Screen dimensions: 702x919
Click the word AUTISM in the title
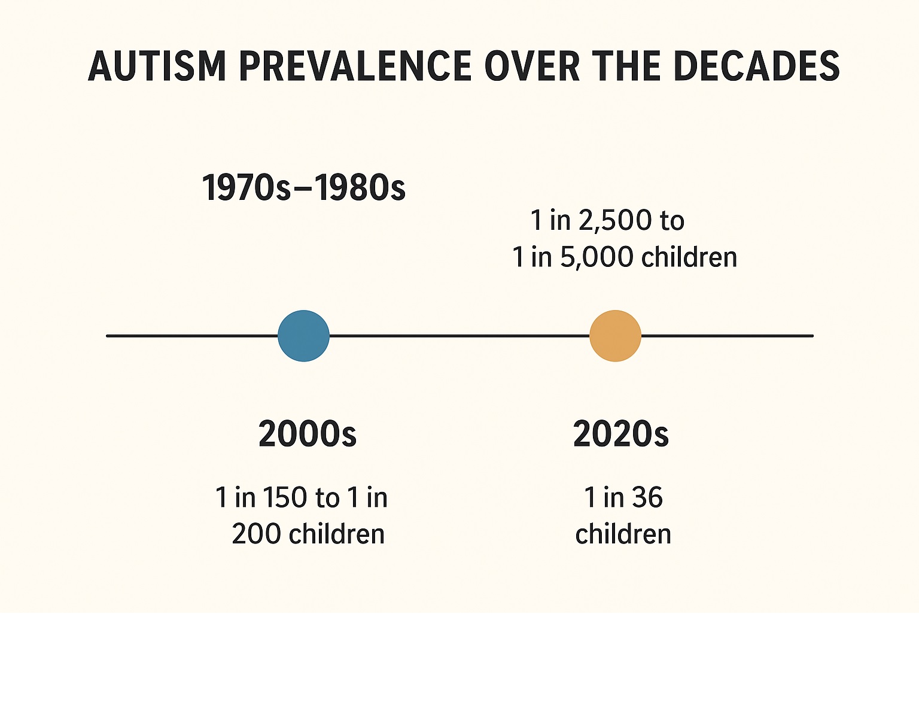[157, 66]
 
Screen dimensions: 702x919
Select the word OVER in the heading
[532, 66]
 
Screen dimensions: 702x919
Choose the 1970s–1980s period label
[303, 188]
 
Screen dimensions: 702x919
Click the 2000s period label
[308, 434]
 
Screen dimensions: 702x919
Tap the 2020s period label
[620, 434]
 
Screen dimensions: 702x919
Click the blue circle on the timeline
[303, 336]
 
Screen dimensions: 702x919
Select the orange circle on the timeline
[615, 336]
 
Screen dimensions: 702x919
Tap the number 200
[256, 534]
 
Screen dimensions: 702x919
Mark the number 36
[647, 498]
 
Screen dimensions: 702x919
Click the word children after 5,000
[689, 257]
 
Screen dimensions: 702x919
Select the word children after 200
[336, 534]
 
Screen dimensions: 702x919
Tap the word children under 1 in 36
[623, 534]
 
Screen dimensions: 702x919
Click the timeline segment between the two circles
[459, 336]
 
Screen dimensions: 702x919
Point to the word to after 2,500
[672, 221]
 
